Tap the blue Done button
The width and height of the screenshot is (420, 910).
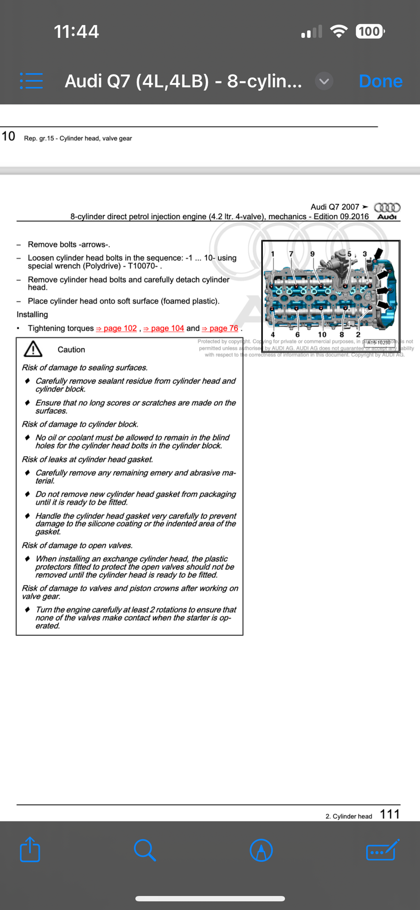click(x=380, y=81)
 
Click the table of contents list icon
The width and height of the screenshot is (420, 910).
click(x=31, y=81)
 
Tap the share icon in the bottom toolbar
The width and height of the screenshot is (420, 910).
click(x=30, y=849)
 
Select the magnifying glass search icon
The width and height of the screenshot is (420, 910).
click(x=145, y=850)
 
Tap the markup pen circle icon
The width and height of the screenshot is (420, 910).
click(x=261, y=850)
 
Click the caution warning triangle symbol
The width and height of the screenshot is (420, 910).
click(x=33, y=349)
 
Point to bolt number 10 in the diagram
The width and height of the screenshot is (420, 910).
click(x=322, y=334)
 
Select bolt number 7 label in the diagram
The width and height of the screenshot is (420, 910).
click(x=291, y=254)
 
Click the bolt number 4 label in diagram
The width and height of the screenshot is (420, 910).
click(x=273, y=334)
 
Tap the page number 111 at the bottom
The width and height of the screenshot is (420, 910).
click(x=389, y=814)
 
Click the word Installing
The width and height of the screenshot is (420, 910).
click(x=32, y=314)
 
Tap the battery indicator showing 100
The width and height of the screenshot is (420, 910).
click(x=370, y=31)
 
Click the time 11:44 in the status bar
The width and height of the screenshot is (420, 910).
click(x=76, y=31)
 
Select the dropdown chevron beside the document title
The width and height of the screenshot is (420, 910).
click(x=324, y=81)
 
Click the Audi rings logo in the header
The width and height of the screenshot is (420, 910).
click(x=387, y=208)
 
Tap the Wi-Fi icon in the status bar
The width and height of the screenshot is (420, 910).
click(x=339, y=31)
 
